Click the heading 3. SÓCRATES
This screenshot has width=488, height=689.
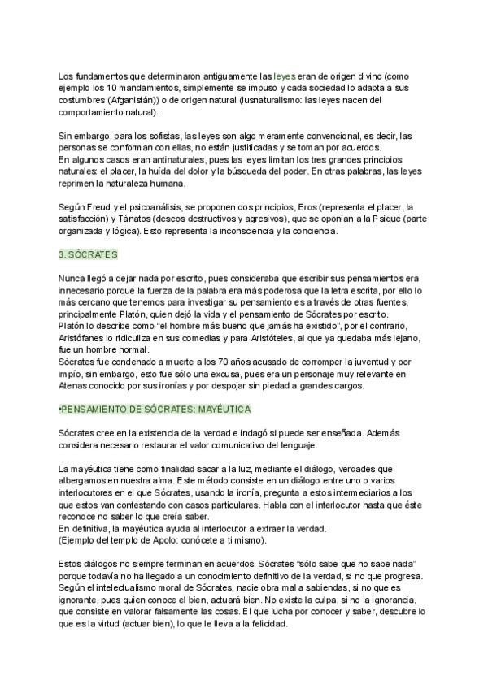coord(89,254)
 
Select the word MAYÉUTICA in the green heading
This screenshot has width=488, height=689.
coord(221,409)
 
